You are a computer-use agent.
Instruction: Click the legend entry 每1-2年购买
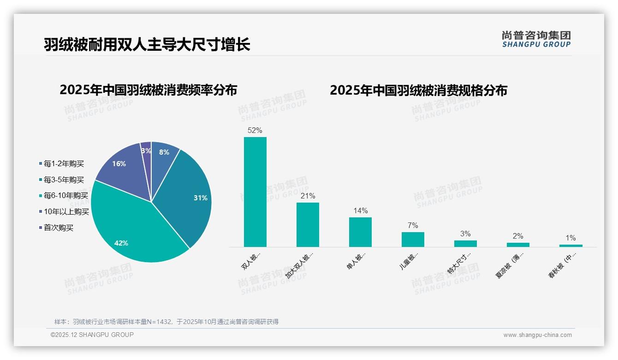coord(64,164)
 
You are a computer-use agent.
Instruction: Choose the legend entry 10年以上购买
coord(66,212)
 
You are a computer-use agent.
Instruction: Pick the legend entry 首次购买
coord(58,228)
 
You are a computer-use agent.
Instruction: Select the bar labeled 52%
coord(255,192)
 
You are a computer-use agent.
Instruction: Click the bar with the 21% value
coord(308,224)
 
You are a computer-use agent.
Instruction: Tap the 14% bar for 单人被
coord(360,232)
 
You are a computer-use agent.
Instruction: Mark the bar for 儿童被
coord(413,239)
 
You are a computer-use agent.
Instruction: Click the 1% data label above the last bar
coord(570,238)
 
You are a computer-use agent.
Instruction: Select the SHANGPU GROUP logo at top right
coord(536,39)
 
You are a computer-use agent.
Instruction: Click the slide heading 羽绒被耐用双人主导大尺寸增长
coord(147,45)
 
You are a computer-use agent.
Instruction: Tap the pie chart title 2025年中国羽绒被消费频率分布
coord(148,90)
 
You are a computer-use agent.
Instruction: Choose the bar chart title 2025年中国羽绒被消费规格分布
coord(418,90)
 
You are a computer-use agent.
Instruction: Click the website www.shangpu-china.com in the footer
coord(537,335)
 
